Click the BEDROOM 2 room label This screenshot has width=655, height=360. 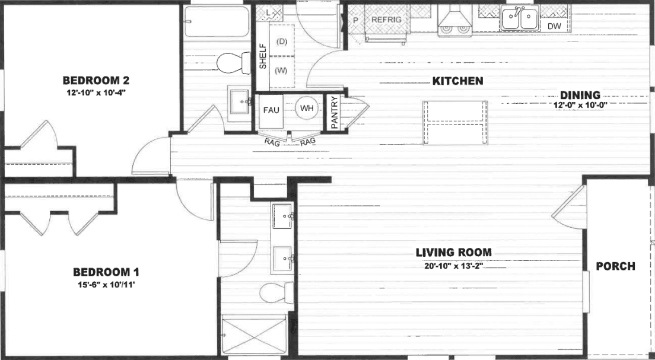coord(96,81)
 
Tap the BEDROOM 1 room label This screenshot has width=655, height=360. coord(106,272)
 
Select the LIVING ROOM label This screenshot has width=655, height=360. coord(453,252)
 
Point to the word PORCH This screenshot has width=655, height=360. coord(616,266)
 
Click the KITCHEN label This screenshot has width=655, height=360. coord(457,81)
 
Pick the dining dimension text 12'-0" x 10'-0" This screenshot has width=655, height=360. coord(580,104)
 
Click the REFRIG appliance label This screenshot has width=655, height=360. coord(386,20)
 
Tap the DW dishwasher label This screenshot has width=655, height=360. coord(554,26)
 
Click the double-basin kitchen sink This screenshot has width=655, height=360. coord(520,19)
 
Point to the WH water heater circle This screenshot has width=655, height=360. coord(307,109)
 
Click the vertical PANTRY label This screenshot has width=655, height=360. coord(334,113)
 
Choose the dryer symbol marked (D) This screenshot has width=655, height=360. coord(282,41)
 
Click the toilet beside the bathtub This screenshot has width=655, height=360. coord(232,62)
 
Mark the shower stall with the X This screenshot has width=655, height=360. coord(254,336)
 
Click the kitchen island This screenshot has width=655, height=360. coord(456,123)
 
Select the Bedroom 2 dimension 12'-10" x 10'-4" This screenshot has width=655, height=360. coord(96,93)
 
